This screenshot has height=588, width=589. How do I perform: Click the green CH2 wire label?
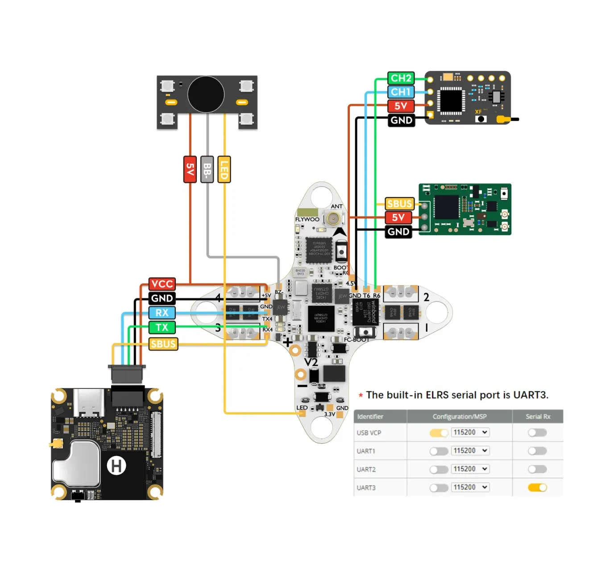401,78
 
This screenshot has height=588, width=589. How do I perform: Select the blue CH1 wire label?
401,92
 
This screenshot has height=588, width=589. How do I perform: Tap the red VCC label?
162,284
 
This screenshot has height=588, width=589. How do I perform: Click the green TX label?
162,327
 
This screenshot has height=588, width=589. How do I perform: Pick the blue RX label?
162,313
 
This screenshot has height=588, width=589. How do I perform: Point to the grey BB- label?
207,169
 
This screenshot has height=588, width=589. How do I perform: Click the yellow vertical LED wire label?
224,169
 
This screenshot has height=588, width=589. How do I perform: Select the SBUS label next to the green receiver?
400,204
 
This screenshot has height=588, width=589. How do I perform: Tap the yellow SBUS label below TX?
163,344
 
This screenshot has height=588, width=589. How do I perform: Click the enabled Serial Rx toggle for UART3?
537,487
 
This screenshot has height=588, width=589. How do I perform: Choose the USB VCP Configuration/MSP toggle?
439,433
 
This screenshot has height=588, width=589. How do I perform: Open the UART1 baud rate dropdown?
470,451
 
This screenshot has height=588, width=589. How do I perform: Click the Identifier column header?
370,416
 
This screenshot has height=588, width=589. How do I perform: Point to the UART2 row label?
366,469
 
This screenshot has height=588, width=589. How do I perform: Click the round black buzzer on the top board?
206,94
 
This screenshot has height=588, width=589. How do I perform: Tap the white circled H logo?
116,466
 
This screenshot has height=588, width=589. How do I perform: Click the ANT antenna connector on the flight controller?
332,218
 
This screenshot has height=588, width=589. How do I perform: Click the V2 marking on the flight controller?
311,362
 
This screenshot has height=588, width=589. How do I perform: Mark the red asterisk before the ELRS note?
361,395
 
